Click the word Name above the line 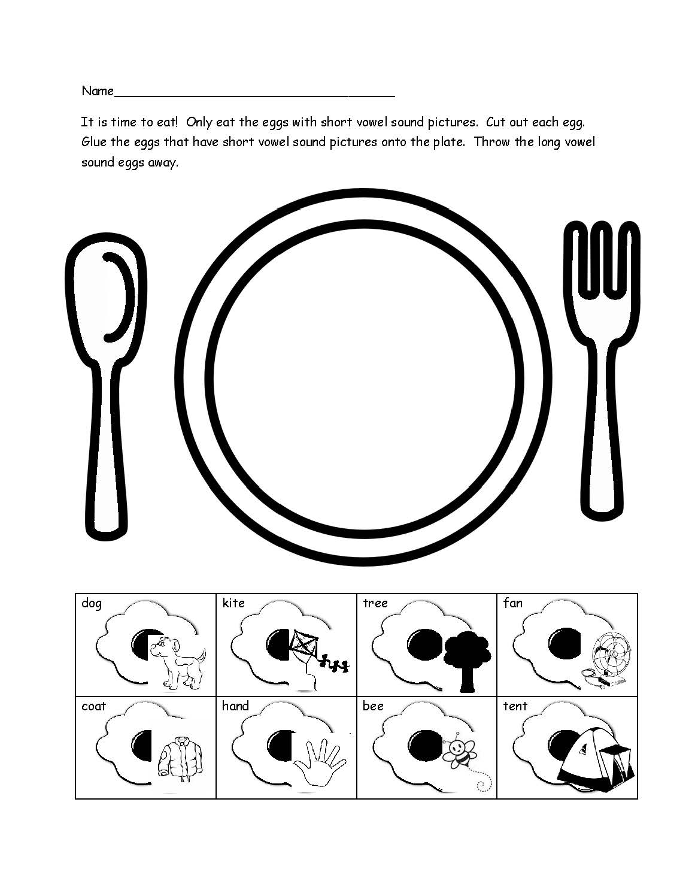(97, 91)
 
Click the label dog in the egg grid (92, 603)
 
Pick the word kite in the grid (233, 603)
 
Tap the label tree (375, 603)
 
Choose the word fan (513, 603)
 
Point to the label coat (93, 706)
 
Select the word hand (235, 706)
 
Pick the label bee (372, 706)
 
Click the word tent (515, 706)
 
